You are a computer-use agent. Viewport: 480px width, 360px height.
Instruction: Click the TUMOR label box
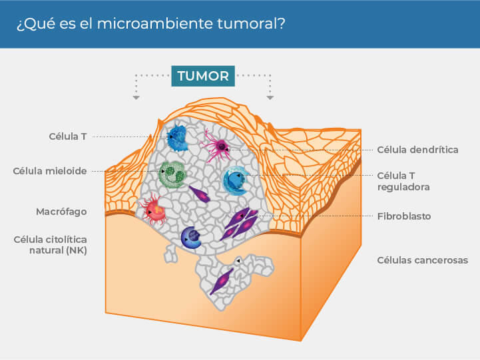(x=202, y=76)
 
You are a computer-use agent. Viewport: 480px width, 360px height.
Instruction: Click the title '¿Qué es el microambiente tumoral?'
(x=150, y=23)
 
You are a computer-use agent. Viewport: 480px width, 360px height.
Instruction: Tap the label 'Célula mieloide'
(x=50, y=171)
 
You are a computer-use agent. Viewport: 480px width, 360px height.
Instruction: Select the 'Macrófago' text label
(x=61, y=212)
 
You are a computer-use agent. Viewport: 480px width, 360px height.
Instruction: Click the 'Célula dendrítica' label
(x=417, y=150)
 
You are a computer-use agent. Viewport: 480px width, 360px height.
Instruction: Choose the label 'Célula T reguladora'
(x=403, y=181)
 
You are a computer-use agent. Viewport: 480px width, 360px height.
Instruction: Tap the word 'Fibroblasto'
(x=403, y=216)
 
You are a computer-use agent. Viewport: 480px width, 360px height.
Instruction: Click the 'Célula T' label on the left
(x=68, y=136)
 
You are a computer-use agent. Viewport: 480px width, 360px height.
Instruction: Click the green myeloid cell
(x=172, y=175)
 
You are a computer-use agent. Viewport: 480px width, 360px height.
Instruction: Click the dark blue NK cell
(x=192, y=238)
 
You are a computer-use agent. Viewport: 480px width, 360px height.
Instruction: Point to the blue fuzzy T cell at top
(x=178, y=137)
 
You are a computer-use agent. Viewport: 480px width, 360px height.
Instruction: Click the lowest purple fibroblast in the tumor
(x=222, y=280)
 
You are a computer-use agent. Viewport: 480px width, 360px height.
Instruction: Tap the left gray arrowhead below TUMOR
(x=136, y=98)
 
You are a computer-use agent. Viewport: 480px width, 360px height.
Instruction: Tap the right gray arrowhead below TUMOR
(x=270, y=98)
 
